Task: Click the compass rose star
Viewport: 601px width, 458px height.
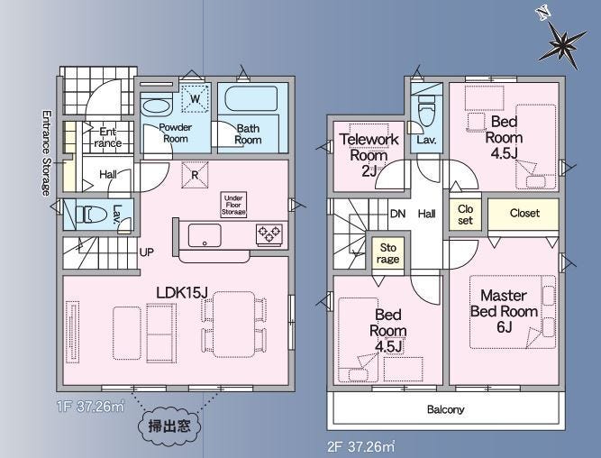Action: click(x=562, y=46)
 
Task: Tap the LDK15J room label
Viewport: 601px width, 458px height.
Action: click(x=182, y=293)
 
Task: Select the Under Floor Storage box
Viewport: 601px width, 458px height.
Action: click(x=233, y=205)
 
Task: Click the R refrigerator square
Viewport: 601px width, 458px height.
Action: click(x=195, y=175)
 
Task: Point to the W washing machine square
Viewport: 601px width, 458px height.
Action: click(x=195, y=98)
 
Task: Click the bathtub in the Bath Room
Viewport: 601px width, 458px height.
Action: click(x=251, y=99)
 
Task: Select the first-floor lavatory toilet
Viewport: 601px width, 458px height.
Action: click(x=90, y=215)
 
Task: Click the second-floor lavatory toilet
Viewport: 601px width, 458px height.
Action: click(x=426, y=110)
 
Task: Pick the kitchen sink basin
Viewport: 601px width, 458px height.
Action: click(x=205, y=235)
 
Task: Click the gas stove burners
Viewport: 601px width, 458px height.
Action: click(x=269, y=234)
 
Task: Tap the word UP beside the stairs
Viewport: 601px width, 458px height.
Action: click(x=147, y=252)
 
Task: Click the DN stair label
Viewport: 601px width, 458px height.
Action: click(x=397, y=214)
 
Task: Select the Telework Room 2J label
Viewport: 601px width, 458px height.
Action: click(x=369, y=155)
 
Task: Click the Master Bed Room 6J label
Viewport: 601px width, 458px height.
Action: click(x=504, y=311)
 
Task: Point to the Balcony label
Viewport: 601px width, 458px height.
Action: click(x=445, y=409)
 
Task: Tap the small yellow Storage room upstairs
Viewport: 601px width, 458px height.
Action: click(x=387, y=253)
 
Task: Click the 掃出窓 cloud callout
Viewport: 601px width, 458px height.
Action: click(x=169, y=426)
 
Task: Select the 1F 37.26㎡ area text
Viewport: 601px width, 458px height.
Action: click(x=90, y=407)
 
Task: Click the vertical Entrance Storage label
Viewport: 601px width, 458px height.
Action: click(x=46, y=153)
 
